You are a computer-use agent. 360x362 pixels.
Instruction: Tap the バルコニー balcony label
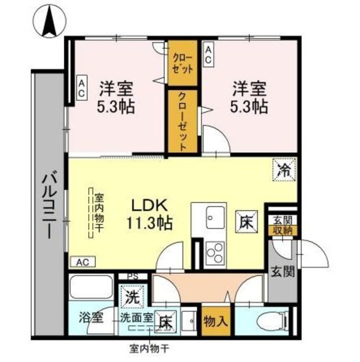point(47,206)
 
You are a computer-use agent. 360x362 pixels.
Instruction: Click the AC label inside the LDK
point(83,262)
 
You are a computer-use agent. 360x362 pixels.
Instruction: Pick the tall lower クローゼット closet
point(181,120)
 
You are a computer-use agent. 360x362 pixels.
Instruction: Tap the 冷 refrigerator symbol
point(284,169)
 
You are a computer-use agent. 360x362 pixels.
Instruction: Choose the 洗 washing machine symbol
point(131,295)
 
